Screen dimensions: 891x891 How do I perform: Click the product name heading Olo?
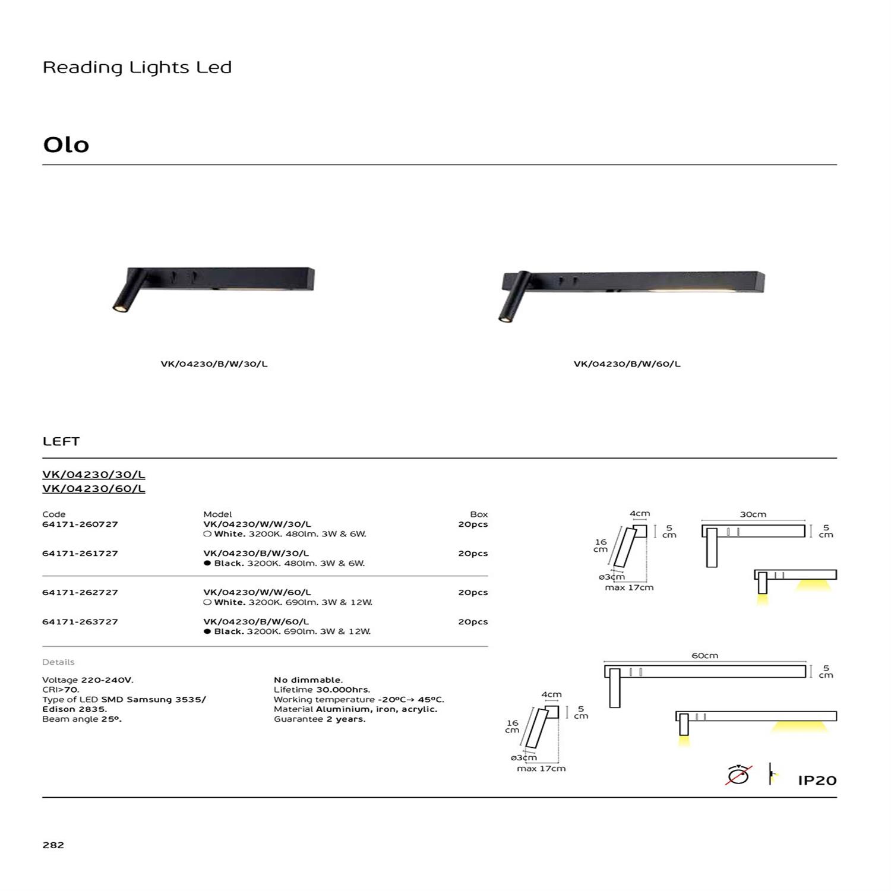(x=66, y=145)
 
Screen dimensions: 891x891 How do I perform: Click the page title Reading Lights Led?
(x=137, y=68)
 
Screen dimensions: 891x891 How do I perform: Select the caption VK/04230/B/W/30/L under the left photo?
(x=214, y=364)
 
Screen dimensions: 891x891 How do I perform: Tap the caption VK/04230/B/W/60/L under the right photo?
(x=627, y=364)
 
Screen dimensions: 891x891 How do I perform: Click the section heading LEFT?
(x=61, y=441)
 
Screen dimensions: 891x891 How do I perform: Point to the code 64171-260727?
(x=80, y=525)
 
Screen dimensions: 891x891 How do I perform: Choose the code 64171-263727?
(x=80, y=622)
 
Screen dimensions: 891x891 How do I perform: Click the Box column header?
(x=479, y=514)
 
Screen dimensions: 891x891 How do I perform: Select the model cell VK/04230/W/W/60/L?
(x=257, y=592)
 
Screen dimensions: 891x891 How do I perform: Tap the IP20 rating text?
(x=817, y=781)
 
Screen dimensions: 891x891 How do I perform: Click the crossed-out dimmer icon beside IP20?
(x=739, y=775)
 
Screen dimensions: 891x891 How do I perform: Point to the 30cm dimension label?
(x=753, y=514)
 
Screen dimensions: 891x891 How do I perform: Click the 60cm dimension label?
(x=704, y=656)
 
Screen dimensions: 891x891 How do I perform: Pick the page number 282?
(x=53, y=845)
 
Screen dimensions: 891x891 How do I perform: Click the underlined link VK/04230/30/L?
(x=93, y=475)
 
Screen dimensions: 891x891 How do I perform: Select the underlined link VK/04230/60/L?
(x=93, y=489)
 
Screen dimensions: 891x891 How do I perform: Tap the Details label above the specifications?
(x=58, y=662)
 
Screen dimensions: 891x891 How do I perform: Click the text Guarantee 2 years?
(x=320, y=719)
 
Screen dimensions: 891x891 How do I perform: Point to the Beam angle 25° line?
(x=81, y=719)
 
